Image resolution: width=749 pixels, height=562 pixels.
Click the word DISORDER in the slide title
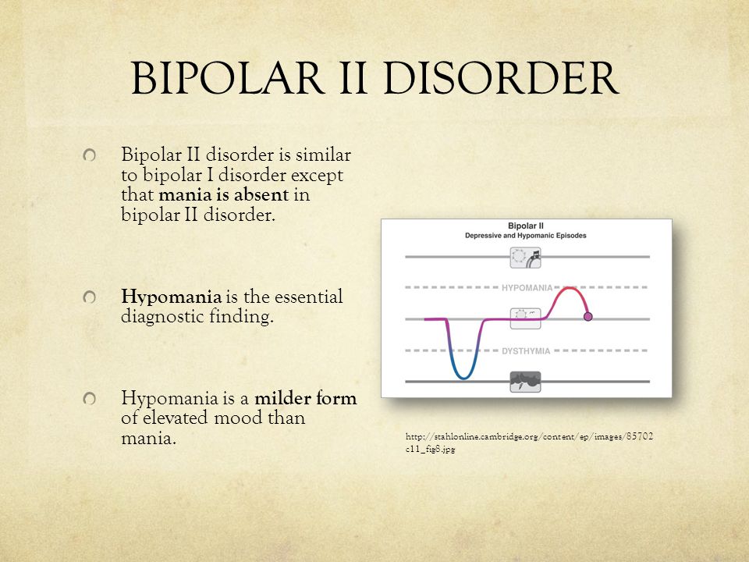501,78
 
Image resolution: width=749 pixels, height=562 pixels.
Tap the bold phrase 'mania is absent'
224,194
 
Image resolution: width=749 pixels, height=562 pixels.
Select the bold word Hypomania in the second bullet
171,297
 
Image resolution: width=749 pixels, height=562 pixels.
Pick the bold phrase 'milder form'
305,398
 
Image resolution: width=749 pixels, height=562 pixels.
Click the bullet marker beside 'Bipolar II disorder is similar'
89,155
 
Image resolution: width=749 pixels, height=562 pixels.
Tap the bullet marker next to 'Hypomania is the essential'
89,297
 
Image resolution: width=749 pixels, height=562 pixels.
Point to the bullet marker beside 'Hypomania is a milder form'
89,399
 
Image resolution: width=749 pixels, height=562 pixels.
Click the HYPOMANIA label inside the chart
527,288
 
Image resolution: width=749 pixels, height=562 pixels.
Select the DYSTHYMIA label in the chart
526,351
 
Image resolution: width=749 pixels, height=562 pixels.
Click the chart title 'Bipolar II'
525,226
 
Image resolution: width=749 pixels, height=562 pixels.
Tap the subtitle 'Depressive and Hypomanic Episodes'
525,236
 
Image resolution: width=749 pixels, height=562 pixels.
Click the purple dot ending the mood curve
588,316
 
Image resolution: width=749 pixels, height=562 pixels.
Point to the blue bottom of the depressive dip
463,378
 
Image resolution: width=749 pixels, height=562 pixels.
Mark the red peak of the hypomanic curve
569,288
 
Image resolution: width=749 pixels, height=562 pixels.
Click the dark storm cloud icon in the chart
525,382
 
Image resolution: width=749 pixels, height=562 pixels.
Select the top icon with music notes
525,258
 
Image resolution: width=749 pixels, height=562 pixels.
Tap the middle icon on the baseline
525,318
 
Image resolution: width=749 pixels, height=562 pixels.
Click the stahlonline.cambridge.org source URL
529,443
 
